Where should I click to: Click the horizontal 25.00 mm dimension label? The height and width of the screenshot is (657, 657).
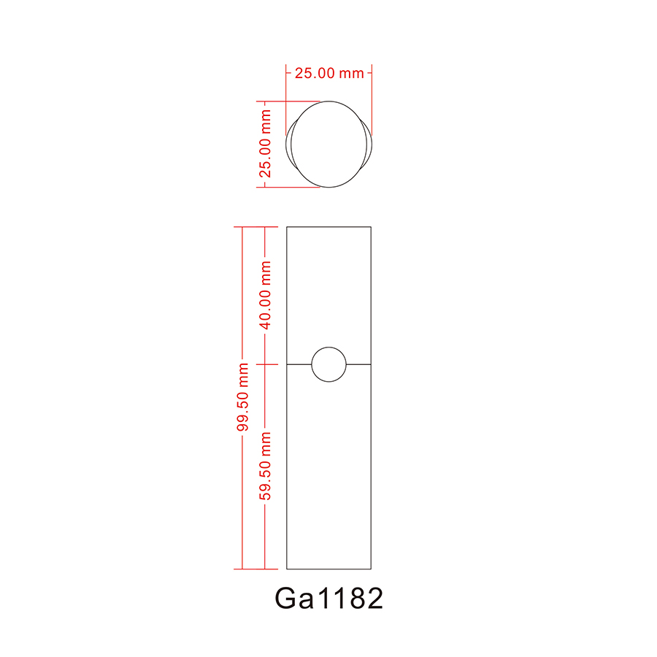pyautogui.click(x=328, y=73)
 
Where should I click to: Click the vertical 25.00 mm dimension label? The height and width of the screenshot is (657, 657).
pyautogui.click(x=266, y=144)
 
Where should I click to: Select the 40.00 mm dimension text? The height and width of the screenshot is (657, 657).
pyautogui.click(x=266, y=295)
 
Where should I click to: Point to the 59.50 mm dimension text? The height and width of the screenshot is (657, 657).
pyautogui.click(x=266, y=466)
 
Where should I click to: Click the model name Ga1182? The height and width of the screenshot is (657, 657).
pyautogui.click(x=328, y=599)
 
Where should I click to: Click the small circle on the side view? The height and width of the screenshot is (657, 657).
pyautogui.click(x=328, y=364)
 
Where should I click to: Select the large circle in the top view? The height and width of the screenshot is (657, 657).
pyautogui.click(x=328, y=144)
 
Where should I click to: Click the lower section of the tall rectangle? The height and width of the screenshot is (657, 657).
pyautogui.click(x=328, y=474)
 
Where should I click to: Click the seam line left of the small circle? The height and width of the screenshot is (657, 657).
pyautogui.click(x=299, y=364)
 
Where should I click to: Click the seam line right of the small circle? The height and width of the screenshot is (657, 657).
pyautogui.click(x=358, y=364)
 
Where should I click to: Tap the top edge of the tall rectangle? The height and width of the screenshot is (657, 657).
pyautogui.click(x=328, y=227)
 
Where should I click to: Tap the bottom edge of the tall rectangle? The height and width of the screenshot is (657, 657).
pyautogui.click(x=328, y=569)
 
